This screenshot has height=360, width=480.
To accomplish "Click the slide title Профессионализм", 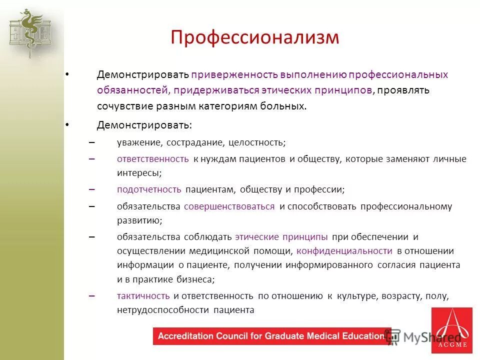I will tap(254, 38).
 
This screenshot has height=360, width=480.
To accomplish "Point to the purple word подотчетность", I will tap(149, 190).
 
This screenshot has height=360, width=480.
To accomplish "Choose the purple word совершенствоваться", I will tap(229, 206).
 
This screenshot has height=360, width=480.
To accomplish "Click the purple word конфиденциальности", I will tap(344, 251).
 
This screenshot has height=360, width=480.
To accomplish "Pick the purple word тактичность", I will tap(143, 296).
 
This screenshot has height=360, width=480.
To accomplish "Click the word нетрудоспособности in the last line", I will tap(162, 310).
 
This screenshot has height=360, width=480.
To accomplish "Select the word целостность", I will tap(256, 142).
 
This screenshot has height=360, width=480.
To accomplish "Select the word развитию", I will tap(139, 220).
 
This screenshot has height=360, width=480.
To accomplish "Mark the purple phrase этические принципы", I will tap(281, 236).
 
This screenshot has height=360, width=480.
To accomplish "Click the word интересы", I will tap(138, 173).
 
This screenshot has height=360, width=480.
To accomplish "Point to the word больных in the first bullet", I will tap(286, 106).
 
